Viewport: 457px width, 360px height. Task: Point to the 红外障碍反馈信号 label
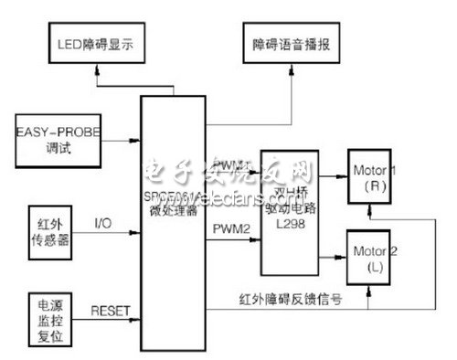(x=289, y=299)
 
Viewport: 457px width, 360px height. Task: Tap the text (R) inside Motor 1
(x=376, y=185)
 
